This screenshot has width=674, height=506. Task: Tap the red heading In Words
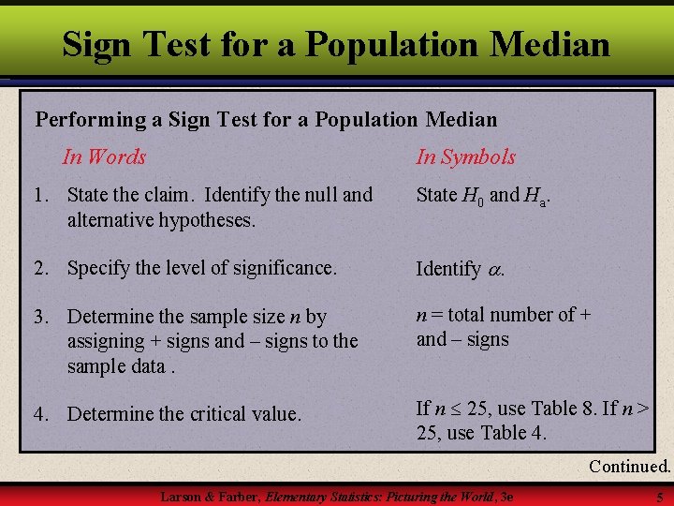(104, 156)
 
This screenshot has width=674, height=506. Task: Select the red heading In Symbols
(465, 156)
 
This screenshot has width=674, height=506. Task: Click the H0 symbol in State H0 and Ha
(474, 196)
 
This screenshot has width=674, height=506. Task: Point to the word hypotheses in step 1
(211, 220)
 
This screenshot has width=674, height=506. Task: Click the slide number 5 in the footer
(659, 496)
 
